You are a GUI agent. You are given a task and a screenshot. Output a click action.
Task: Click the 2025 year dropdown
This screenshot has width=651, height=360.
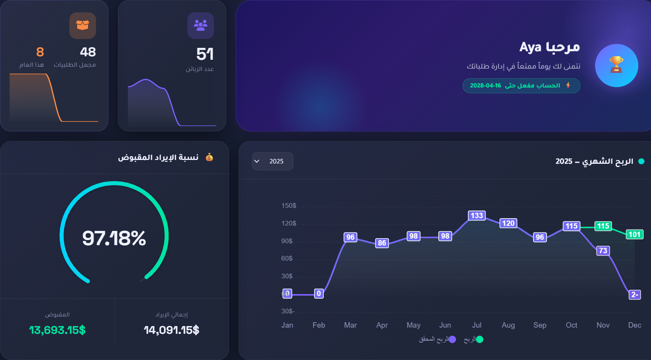click(x=273, y=161)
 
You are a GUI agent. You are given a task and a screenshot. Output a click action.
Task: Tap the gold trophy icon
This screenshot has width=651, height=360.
click(x=616, y=64)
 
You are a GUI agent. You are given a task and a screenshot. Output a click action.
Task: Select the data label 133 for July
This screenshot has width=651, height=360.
click(x=477, y=215)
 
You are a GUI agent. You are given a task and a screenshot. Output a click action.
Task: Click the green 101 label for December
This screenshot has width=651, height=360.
click(x=634, y=234)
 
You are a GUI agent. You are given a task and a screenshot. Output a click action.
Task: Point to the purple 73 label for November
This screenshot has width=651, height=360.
click(x=603, y=251)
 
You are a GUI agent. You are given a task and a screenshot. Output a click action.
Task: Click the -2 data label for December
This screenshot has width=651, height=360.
click(x=635, y=294)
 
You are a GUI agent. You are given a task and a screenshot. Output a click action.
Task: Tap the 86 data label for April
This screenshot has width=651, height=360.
click(x=382, y=243)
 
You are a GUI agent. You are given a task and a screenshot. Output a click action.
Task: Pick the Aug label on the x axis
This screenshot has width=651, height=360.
click(x=508, y=325)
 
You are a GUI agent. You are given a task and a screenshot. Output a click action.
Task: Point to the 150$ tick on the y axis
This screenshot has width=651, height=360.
click(x=289, y=206)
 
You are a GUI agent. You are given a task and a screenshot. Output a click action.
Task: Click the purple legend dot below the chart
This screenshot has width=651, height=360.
click(x=452, y=339)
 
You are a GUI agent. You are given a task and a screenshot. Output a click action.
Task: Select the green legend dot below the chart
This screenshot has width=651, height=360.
click(x=479, y=339)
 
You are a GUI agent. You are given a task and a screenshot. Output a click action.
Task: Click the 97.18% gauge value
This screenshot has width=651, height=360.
click(x=114, y=238)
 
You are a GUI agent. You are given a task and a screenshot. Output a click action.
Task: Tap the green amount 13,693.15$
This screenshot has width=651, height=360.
click(x=57, y=330)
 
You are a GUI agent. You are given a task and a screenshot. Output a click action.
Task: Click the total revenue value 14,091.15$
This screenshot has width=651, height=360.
click(x=172, y=330)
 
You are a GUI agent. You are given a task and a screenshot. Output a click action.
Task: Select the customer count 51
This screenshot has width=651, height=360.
click(x=205, y=54)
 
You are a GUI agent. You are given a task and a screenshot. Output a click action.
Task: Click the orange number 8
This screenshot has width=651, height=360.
click(x=40, y=52)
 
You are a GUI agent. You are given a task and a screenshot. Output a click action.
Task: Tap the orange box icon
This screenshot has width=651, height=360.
click(x=82, y=25)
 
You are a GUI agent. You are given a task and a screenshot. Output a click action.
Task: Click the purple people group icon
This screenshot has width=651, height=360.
click(x=200, y=25)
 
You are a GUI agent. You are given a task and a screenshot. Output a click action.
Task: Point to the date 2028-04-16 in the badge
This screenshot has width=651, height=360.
click(x=485, y=86)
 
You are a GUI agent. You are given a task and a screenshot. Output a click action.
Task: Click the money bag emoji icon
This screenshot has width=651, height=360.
click(x=209, y=157)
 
